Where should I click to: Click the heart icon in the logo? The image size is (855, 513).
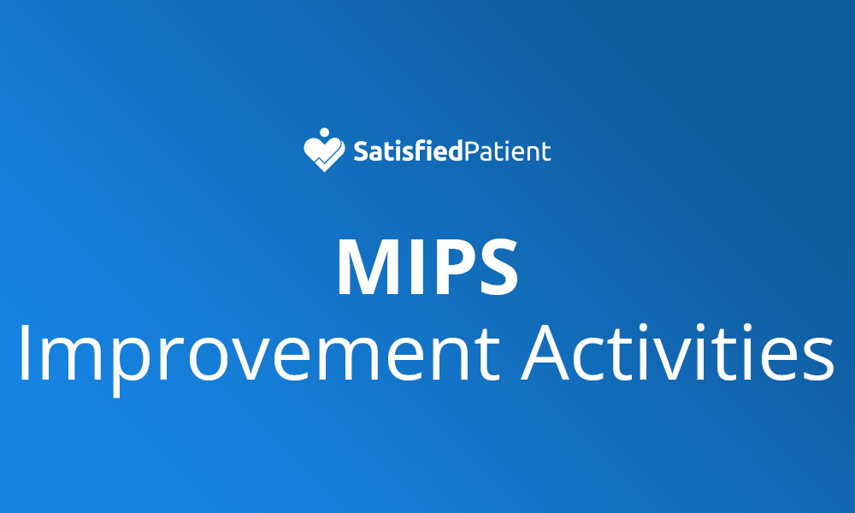[323, 155]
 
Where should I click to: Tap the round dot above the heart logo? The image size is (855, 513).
[323, 133]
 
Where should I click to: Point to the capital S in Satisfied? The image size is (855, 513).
[361, 152]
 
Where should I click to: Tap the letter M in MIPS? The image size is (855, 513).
[369, 265]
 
